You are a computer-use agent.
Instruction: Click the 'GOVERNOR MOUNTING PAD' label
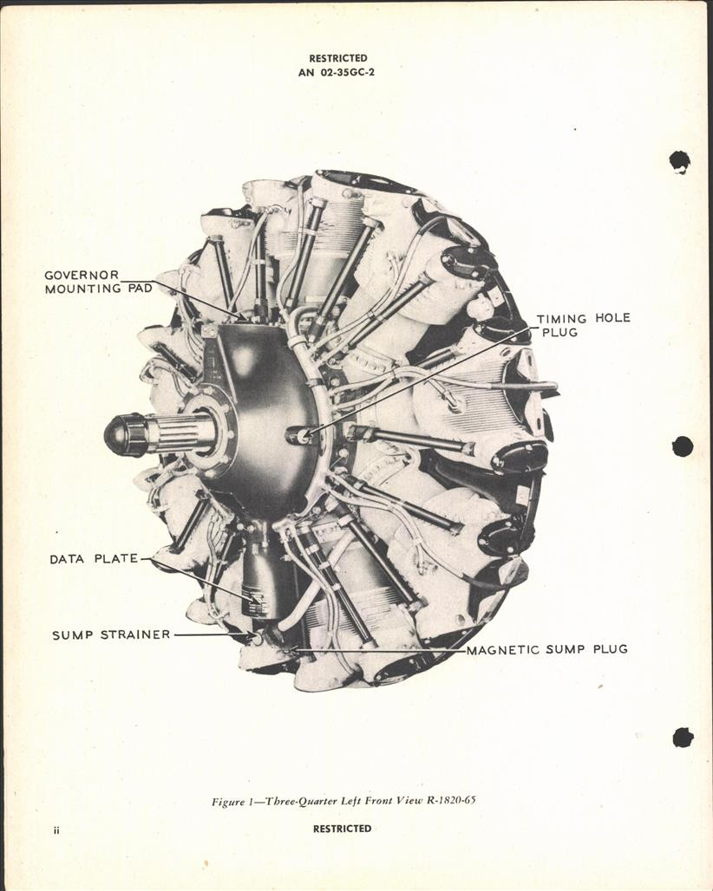coord(98,282)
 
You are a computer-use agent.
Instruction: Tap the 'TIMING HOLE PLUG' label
coord(583,324)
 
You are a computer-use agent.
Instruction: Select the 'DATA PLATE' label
coord(94,559)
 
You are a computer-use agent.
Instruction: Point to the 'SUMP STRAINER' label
coord(111,634)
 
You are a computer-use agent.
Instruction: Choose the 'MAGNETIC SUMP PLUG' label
coord(546,649)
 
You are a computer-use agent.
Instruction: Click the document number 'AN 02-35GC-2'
coord(338,73)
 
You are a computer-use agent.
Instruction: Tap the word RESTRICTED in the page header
coord(338,59)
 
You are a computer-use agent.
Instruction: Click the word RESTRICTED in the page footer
coord(342,829)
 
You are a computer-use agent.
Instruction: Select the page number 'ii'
coord(56,830)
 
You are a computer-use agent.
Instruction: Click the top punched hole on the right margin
coord(679,161)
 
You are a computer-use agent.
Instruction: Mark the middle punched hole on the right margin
coord(682,446)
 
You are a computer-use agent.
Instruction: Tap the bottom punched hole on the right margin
coord(683,737)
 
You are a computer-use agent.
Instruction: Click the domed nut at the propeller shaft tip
coord(124,434)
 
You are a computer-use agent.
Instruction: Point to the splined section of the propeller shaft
coord(178,432)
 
